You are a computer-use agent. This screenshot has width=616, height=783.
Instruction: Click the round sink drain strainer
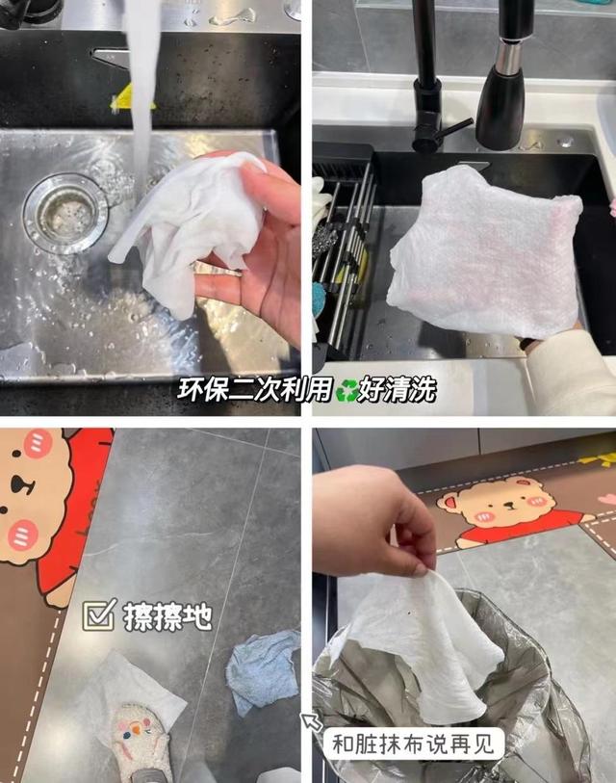[65, 213]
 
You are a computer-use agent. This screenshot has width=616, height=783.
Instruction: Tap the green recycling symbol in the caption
[346, 390]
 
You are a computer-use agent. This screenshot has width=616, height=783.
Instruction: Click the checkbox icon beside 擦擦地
[99, 614]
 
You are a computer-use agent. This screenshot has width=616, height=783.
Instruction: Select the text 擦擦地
[167, 615]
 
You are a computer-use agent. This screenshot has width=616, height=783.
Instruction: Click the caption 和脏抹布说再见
[418, 744]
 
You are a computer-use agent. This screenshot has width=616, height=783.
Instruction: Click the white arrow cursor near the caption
[312, 722]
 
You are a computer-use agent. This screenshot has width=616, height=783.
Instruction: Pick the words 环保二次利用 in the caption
[255, 390]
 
